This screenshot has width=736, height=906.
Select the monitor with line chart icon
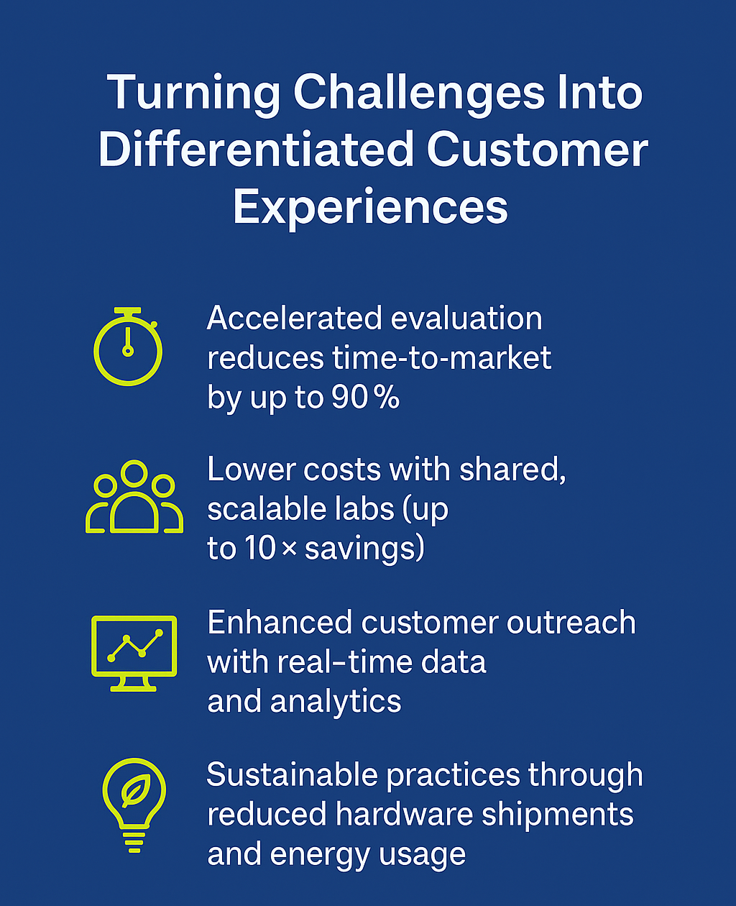134,654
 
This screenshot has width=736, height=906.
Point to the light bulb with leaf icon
134,805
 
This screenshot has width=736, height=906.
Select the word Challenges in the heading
419,93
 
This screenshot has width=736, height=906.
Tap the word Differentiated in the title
256,150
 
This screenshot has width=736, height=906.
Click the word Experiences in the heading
370,209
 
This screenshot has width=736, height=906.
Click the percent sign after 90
387,398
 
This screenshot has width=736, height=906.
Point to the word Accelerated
294,318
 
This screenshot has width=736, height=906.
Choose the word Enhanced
280,622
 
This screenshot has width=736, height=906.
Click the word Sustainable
292,774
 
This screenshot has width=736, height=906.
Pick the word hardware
404,814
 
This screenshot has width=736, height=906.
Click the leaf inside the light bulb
135,790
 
